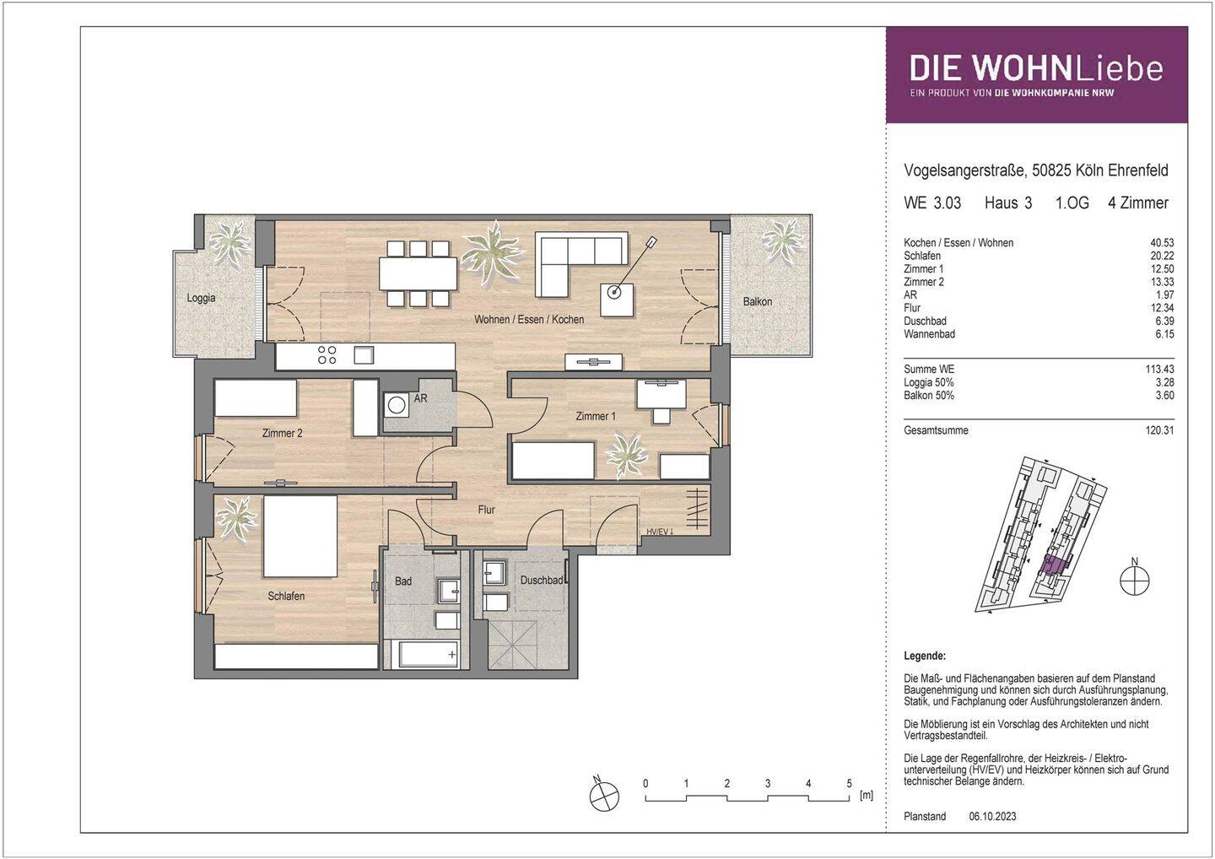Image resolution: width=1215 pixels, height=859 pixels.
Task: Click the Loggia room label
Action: tap(201, 298)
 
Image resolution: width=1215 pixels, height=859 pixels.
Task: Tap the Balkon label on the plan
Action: tap(757, 301)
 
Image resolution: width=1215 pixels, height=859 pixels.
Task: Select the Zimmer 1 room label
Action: tap(595, 416)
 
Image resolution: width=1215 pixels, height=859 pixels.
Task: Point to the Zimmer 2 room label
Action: tap(282, 433)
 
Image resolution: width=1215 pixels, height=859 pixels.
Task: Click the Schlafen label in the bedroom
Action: tap(286, 596)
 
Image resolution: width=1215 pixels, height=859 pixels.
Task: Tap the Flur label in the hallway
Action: tap(486, 510)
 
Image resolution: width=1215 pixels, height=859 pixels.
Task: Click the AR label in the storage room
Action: tap(420, 398)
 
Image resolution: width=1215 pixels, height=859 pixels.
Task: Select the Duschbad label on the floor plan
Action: tap(541, 581)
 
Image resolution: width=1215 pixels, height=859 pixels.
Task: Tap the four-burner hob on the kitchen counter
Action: tap(327, 355)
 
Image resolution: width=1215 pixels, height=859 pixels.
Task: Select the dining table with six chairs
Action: tap(418, 273)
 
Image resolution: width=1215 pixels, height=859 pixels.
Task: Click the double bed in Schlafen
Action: tap(300, 535)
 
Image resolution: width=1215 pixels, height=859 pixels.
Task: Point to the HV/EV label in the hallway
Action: tap(661, 532)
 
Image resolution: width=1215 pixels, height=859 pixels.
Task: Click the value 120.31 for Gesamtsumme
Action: tap(1159, 430)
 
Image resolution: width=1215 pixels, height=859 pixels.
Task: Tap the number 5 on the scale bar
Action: tap(849, 783)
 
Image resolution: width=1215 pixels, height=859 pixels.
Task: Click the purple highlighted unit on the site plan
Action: tap(1051, 565)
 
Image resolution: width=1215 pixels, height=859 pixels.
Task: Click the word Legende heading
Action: tap(924, 656)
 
